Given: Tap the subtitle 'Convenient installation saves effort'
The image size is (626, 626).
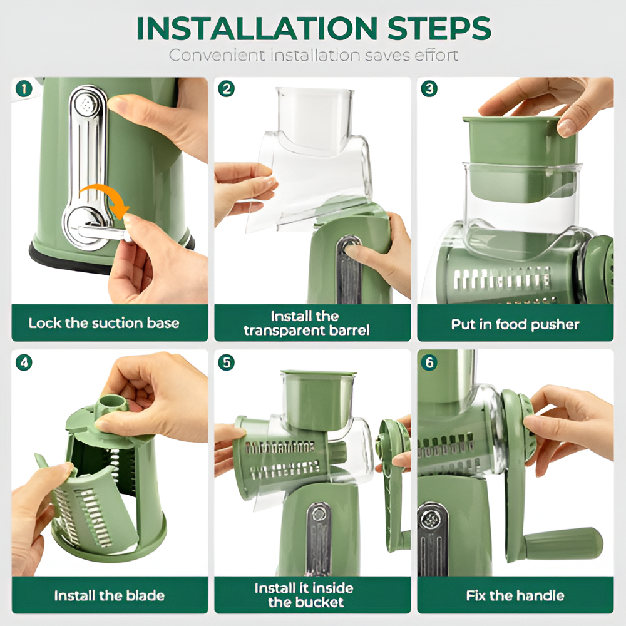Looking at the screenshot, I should (x=313, y=55).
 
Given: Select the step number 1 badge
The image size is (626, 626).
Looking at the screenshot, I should (x=24, y=89).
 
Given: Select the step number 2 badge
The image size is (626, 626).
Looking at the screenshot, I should (x=226, y=89).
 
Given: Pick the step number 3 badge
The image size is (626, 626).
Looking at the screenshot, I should (x=429, y=89).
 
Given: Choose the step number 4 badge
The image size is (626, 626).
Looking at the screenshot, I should (x=24, y=362).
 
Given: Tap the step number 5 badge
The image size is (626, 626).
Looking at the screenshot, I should (x=226, y=362).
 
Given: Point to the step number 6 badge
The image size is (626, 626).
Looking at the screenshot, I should (x=429, y=362).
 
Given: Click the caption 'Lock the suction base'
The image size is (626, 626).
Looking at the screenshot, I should (x=104, y=324).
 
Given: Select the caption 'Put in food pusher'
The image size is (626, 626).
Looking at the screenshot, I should (x=515, y=324).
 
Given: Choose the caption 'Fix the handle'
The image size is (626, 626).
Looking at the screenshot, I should (x=515, y=595).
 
